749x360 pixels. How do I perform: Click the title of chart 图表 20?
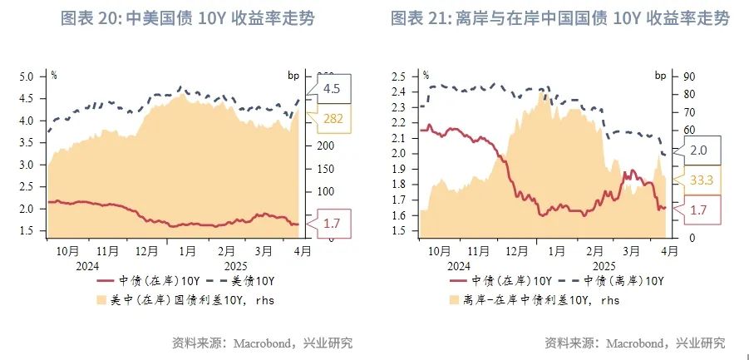[x=189, y=17]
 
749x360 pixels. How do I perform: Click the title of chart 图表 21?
[x=560, y=17]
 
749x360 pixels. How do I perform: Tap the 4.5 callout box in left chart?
[x=332, y=88]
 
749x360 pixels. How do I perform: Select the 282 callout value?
[x=332, y=119]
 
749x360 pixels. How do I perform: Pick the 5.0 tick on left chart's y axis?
[x=26, y=76]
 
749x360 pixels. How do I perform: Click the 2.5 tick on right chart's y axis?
[x=398, y=76]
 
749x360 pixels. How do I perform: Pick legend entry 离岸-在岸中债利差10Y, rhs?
[x=533, y=300]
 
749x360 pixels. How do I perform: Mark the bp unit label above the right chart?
[x=660, y=76]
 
